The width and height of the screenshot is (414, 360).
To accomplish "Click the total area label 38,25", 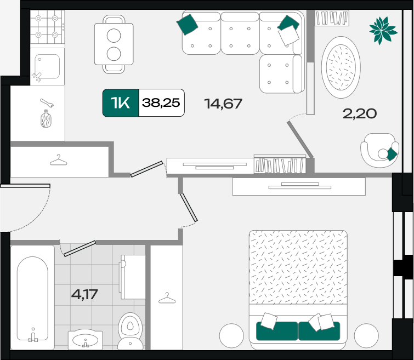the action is point(161,102).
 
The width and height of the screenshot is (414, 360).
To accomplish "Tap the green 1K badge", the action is point(121,102).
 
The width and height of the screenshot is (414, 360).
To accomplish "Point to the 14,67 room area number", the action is point(223,104).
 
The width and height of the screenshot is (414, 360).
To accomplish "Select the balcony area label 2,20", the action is point(360,114).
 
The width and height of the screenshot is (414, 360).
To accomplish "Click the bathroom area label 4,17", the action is point(84,294).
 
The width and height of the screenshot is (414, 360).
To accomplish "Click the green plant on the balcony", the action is point(383,30).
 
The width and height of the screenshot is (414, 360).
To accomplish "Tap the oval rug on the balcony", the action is point(341,67).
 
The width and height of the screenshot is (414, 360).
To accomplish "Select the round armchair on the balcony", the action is point(379,150).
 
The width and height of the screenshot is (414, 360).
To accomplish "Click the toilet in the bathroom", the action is point(131,331).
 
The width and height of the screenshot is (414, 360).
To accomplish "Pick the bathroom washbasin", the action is point(85,340).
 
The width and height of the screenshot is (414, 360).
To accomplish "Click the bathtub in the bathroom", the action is point(32,298).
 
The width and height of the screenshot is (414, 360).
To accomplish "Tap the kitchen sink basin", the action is point(47,66).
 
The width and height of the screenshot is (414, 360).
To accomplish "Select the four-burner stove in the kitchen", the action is point(47,27).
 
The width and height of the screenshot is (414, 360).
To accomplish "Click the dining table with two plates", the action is point(114,44).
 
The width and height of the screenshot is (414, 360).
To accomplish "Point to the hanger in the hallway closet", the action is point(58,160).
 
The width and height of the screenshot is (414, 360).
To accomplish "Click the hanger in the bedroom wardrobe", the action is point(167,298).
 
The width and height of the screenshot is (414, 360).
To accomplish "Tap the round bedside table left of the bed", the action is point(231,335).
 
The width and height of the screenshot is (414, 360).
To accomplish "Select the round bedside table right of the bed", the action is point(366,335).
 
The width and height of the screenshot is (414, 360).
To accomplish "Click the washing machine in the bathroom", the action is point(132,277).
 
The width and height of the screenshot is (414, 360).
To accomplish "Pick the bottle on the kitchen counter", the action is point(46,119).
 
